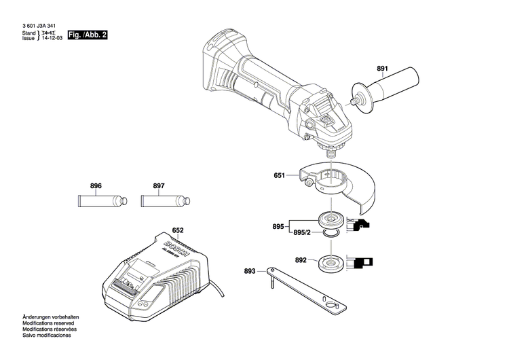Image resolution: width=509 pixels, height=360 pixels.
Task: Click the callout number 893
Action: (x=250, y=271)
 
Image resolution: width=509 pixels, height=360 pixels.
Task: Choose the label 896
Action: (x=96, y=185)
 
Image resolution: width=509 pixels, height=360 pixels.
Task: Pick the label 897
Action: (x=159, y=185)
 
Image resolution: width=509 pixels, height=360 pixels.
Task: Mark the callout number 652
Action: (x=178, y=230)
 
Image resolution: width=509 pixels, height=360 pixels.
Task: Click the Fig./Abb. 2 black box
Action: (x=88, y=34)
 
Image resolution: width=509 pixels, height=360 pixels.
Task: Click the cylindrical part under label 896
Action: (x=100, y=201)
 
